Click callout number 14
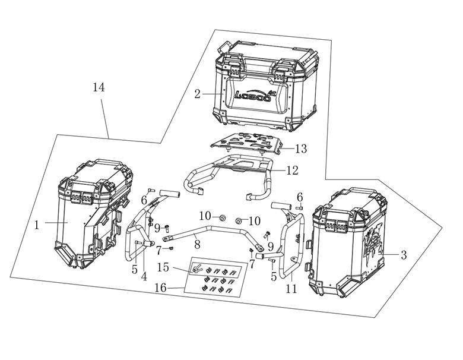(x=99, y=87)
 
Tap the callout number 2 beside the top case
(x=197, y=94)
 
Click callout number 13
(x=301, y=149)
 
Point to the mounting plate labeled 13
(x=246, y=144)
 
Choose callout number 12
(x=292, y=170)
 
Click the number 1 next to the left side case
(x=37, y=225)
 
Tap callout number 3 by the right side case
(x=404, y=255)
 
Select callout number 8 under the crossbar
(x=197, y=244)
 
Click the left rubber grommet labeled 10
(x=221, y=219)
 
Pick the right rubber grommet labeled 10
(x=239, y=220)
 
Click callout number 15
(x=163, y=267)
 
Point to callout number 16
(x=161, y=288)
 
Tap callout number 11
(x=291, y=289)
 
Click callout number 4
(x=144, y=277)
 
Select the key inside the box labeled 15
(x=196, y=269)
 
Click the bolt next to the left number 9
(x=167, y=228)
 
